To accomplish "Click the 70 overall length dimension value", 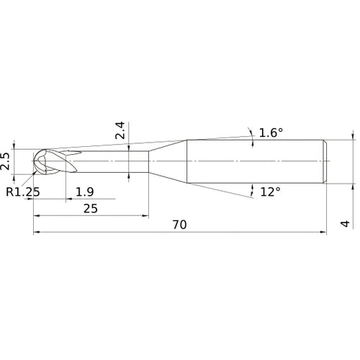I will click(179, 225).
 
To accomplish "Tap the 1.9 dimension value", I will click(84, 192).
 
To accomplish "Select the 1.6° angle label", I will click(271, 132).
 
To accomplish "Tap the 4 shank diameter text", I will click(346, 225).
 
